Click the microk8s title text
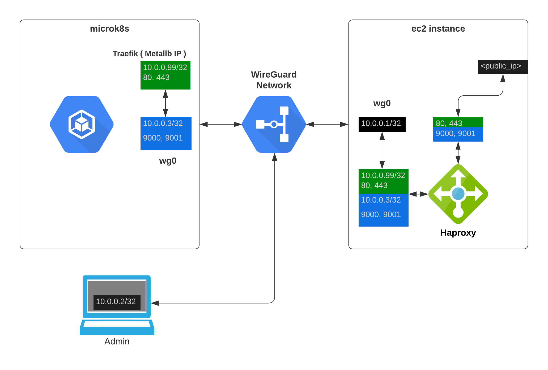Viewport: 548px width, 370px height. click(x=109, y=29)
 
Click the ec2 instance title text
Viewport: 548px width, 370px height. click(x=438, y=29)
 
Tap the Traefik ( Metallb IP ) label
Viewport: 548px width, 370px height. click(x=149, y=54)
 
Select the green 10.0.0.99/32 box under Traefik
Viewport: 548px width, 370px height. click(x=165, y=75)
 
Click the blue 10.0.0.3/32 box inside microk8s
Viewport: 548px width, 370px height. click(x=166, y=133)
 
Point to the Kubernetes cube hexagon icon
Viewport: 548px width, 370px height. click(x=82, y=124)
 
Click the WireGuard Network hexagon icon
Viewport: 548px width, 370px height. click(x=274, y=124)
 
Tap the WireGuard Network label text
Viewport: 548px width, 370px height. click(x=274, y=80)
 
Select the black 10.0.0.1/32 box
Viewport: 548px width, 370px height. click(x=382, y=124)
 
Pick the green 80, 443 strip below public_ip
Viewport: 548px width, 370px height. click(x=458, y=122)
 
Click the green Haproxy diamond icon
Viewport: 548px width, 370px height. click(x=458, y=194)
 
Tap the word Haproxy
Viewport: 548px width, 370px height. click(x=458, y=233)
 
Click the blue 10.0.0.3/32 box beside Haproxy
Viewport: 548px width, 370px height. click(x=383, y=210)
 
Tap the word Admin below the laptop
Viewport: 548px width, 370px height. click(x=117, y=341)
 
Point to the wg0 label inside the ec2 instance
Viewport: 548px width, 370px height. click(x=382, y=103)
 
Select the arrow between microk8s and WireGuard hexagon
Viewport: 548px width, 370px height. click(x=220, y=124)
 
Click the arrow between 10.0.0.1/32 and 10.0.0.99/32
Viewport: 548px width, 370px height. click(x=382, y=150)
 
